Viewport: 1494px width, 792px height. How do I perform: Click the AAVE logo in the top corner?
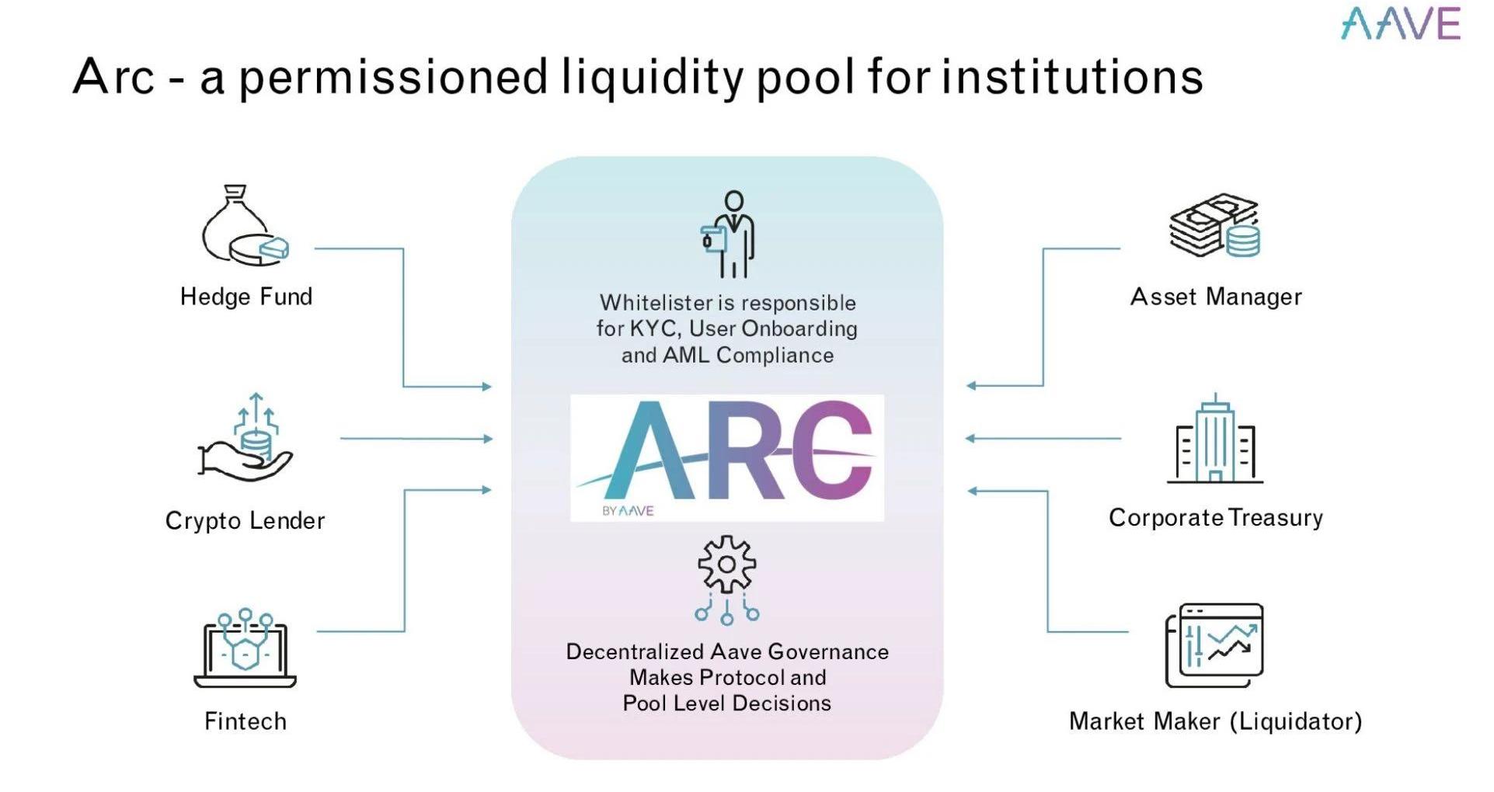coord(1400,23)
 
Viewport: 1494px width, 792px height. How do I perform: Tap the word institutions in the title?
coord(1073,77)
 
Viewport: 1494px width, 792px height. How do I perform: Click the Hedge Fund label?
coord(246,297)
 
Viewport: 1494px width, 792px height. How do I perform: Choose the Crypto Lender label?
coord(245,520)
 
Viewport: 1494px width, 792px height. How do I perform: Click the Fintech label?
coord(245,721)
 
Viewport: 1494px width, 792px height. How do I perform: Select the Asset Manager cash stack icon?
coord(1214,226)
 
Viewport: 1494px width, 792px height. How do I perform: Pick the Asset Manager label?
coord(1216,297)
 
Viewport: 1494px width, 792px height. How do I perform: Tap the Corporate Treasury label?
coord(1215,518)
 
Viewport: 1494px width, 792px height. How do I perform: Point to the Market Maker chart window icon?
coord(1214,645)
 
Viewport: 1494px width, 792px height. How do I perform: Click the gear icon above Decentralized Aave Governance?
coord(727,564)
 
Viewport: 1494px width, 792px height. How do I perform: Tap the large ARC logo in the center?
coord(727,457)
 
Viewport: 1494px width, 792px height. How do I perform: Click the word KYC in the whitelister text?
coord(654,329)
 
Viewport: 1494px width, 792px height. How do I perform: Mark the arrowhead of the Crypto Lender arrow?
coord(488,439)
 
